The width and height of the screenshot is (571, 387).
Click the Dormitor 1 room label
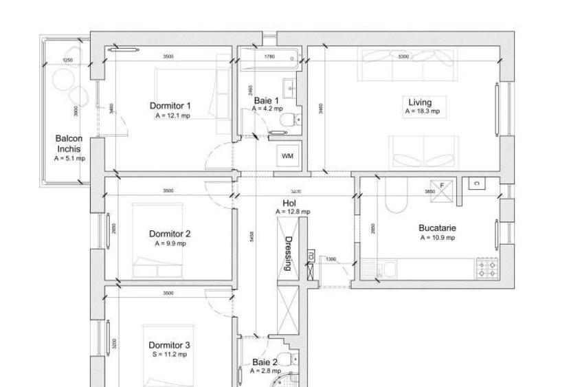[x=170, y=106]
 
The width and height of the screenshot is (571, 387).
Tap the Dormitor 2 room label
[x=170, y=234]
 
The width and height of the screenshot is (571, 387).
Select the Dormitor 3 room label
[x=170, y=345]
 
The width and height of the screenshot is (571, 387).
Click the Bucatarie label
[x=438, y=228]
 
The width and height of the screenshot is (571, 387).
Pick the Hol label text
[x=289, y=203]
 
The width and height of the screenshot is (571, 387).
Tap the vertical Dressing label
[x=289, y=254]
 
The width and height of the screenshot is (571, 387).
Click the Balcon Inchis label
[x=69, y=144]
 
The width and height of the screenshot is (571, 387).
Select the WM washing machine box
[x=287, y=156]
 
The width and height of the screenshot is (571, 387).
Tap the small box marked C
[x=475, y=183]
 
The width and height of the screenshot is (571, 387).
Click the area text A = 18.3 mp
[x=421, y=111]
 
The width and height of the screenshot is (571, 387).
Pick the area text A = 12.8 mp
[x=292, y=212]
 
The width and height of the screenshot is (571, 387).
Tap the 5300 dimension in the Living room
[x=403, y=56]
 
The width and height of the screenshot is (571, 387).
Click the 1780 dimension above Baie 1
[x=269, y=56]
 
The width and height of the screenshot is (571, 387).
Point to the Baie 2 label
[x=265, y=362]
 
